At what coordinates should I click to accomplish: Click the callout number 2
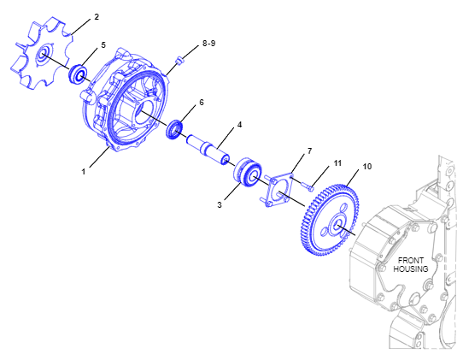coord(97,17)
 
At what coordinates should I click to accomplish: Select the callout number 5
coord(103,45)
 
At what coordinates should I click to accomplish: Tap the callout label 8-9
coord(208,44)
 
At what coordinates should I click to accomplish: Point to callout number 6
coord(202,103)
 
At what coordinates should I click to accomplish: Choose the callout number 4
coord(239,125)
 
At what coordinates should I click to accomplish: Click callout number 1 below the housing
coord(84,171)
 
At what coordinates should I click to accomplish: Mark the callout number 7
coord(309,151)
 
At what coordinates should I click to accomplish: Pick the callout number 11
coord(337,163)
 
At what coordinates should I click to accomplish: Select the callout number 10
coord(366,167)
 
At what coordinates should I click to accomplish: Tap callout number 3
coord(220,204)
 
